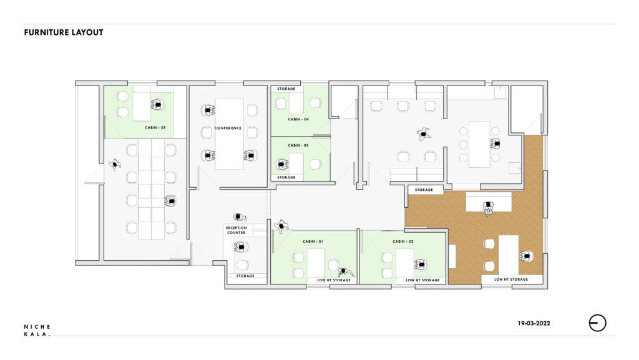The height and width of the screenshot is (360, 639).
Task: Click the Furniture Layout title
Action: (x=64, y=32)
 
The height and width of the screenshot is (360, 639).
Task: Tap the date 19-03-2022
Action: (x=534, y=323)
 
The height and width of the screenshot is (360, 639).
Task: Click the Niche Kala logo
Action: (x=37, y=330)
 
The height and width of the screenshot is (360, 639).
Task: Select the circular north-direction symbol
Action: (x=597, y=323)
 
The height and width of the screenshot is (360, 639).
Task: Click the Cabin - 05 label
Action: (x=155, y=127)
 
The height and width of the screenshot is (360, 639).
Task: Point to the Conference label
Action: (x=228, y=128)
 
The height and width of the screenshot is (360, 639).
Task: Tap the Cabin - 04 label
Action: (x=298, y=119)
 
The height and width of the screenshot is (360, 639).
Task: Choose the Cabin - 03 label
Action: (x=298, y=145)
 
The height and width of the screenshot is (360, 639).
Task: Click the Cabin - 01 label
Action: (x=313, y=241)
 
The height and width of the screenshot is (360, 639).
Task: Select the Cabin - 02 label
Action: (x=403, y=241)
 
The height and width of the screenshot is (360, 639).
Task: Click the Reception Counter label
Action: (x=237, y=230)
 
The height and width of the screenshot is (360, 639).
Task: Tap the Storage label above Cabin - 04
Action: (x=286, y=89)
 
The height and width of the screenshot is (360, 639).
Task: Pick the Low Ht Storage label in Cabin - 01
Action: (x=334, y=280)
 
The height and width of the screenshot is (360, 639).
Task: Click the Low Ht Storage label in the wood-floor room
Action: (x=511, y=280)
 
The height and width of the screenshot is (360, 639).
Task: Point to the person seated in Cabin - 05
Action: (x=157, y=105)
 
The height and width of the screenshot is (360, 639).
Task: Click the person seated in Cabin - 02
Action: (x=420, y=265)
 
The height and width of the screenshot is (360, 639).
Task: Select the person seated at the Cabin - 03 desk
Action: (x=281, y=165)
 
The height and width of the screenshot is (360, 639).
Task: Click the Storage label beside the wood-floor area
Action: (x=424, y=190)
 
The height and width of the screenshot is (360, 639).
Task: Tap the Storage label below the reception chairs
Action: (x=245, y=276)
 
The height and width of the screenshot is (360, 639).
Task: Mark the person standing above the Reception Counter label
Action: (x=240, y=217)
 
